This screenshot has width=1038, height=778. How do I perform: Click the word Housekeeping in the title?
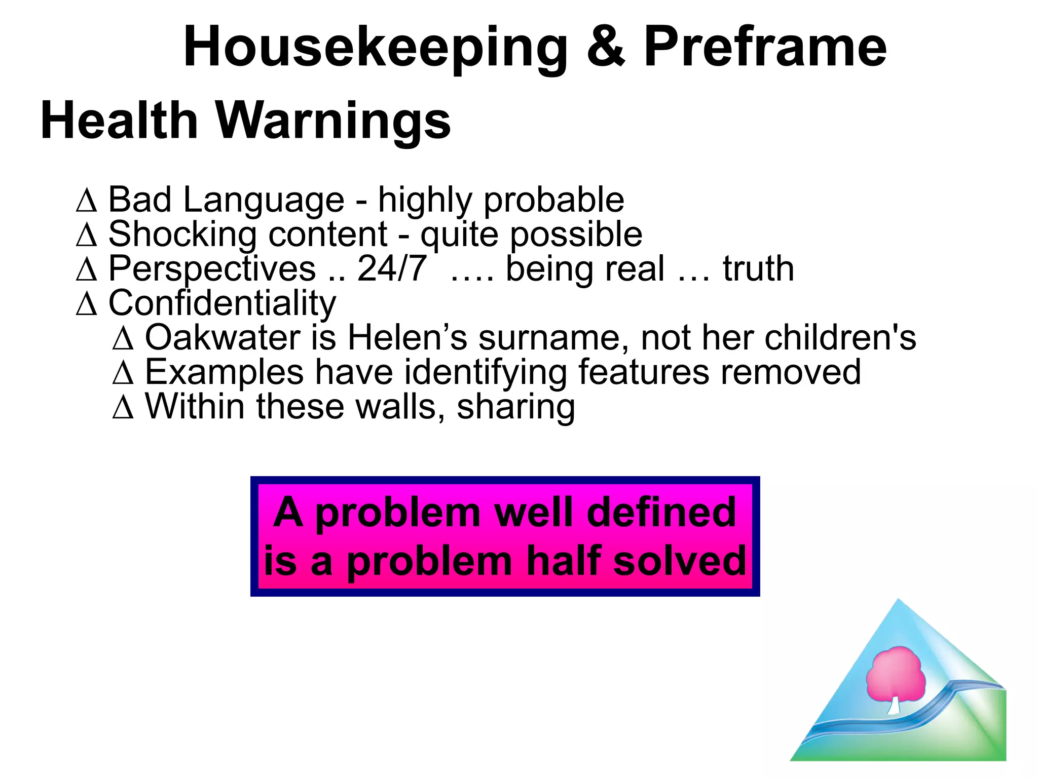click(x=375, y=48)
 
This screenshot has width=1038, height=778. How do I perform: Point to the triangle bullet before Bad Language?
click(x=87, y=201)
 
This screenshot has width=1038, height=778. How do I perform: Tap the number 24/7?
click(x=392, y=268)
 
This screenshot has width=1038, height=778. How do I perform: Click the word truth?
click(x=758, y=268)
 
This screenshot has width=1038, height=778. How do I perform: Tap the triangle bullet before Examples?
click(x=123, y=373)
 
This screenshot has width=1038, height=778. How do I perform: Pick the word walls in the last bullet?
click(x=400, y=407)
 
